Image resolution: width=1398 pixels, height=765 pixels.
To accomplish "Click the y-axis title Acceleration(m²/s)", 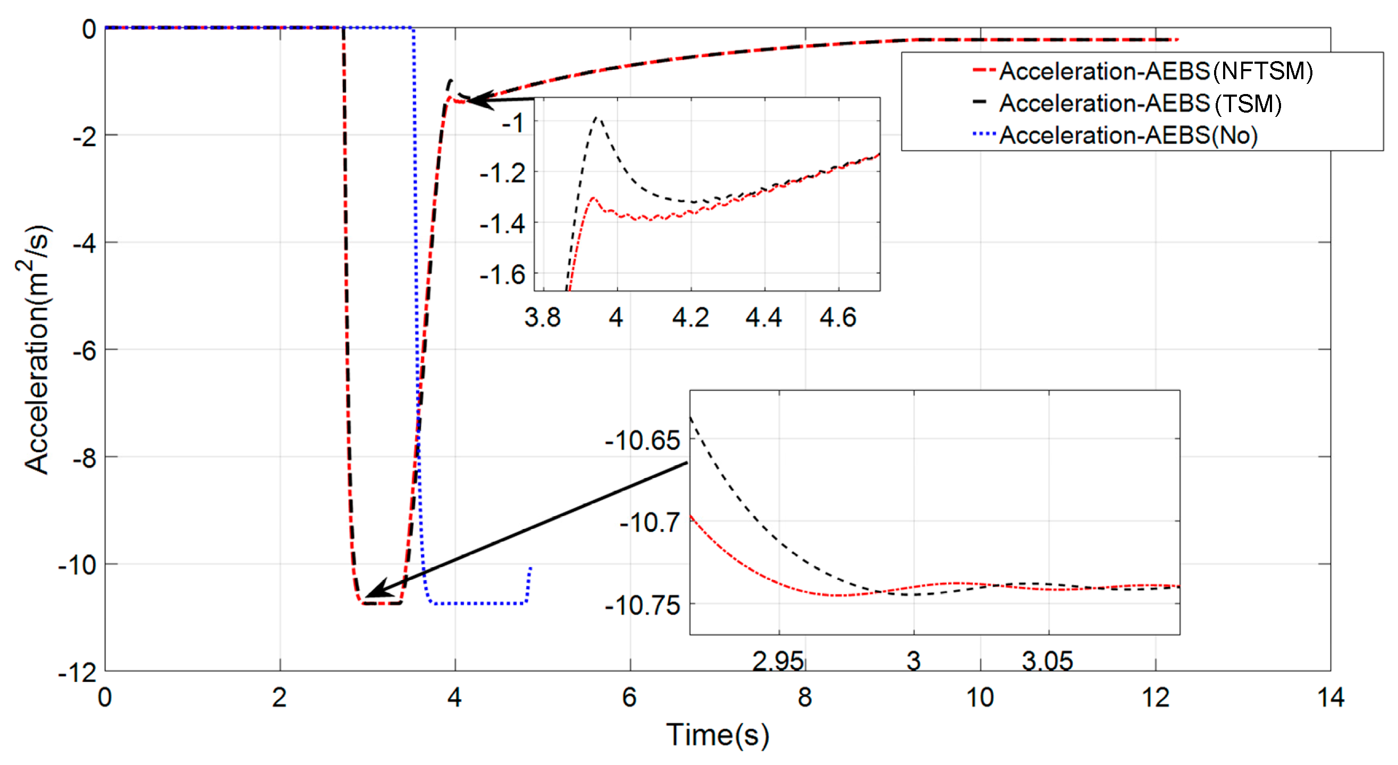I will (35, 350).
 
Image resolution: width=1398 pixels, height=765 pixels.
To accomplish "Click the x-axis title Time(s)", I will (718, 736).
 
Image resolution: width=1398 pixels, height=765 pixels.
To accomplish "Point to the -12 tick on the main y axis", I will (78, 673).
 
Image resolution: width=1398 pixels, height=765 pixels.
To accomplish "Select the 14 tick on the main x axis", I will (1330, 698).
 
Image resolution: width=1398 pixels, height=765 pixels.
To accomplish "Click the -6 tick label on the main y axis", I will (85, 351).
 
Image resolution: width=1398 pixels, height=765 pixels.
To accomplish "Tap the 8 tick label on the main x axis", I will (805, 698).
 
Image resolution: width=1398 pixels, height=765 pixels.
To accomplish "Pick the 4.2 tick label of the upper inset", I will (690, 317).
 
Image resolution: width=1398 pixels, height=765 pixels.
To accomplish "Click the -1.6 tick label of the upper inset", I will (502, 275).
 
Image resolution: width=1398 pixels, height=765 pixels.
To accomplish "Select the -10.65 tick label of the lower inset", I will (642, 440).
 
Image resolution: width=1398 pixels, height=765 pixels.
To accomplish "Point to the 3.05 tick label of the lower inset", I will (1047, 661).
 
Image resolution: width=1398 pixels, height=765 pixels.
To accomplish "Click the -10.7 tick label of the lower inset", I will (649, 522).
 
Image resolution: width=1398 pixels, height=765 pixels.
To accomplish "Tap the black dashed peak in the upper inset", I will (597, 117).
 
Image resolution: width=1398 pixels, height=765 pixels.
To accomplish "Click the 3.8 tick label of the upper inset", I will (542, 317).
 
